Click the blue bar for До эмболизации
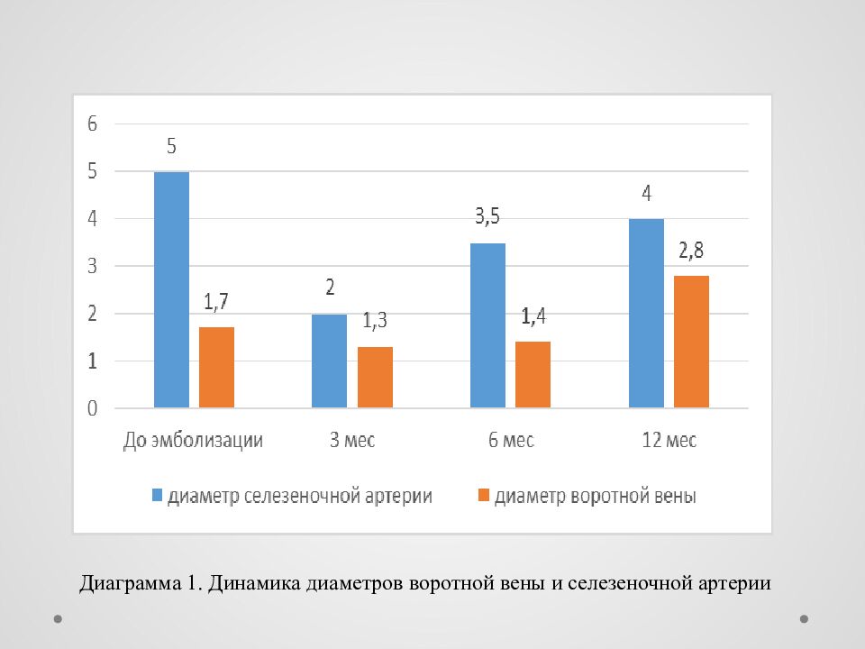click(x=171, y=290)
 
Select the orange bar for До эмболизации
click(x=216, y=368)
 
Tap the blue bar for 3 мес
click(x=329, y=361)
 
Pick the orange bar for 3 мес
click(x=375, y=378)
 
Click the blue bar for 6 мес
click(x=487, y=326)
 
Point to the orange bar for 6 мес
click(x=533, y=375)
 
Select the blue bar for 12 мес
click(x=646, y=314)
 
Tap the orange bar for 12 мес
click(x=691, y=343)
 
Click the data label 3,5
click(x=487, y=217)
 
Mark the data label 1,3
click(x=375, y=321)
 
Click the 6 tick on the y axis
click(x=92, y=124)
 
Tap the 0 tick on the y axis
click(x=92, y=409)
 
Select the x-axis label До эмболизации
click(x=193, y=441)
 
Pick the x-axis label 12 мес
click(x=669, y=441)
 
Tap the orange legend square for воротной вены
click(x=483, y=495)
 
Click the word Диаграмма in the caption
click(x=132, y=583)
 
